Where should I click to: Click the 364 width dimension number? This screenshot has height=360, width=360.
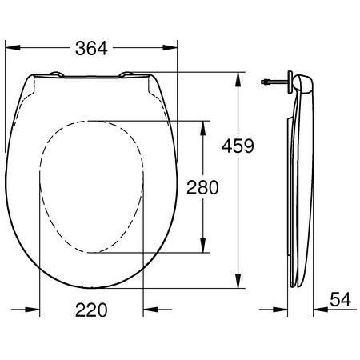coord(91,48)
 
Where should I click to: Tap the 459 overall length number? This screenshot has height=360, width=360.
coord(238,146)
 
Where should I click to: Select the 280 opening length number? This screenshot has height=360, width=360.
coord(202,187)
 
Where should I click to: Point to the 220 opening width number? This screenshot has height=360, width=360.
coord(91,310)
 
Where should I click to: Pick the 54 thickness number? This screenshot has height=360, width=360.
coord(340,299)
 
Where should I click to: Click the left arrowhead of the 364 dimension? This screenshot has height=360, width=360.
coord(13,48)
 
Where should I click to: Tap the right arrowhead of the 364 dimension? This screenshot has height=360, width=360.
coord(170,48)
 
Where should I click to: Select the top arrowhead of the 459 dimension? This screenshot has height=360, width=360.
coord(238,79)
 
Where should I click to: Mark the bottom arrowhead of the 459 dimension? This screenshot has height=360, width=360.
coord(238,281)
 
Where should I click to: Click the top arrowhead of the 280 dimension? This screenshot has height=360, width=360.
coord(203,128)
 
